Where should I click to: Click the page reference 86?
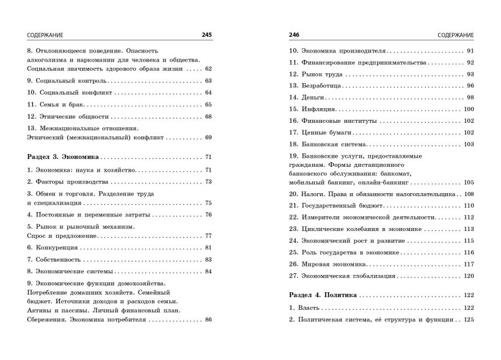tap(208, 320)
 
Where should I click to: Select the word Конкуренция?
tap(57, 248)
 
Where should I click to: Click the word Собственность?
tap(61, 259)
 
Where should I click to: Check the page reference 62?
tap(208, 69)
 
